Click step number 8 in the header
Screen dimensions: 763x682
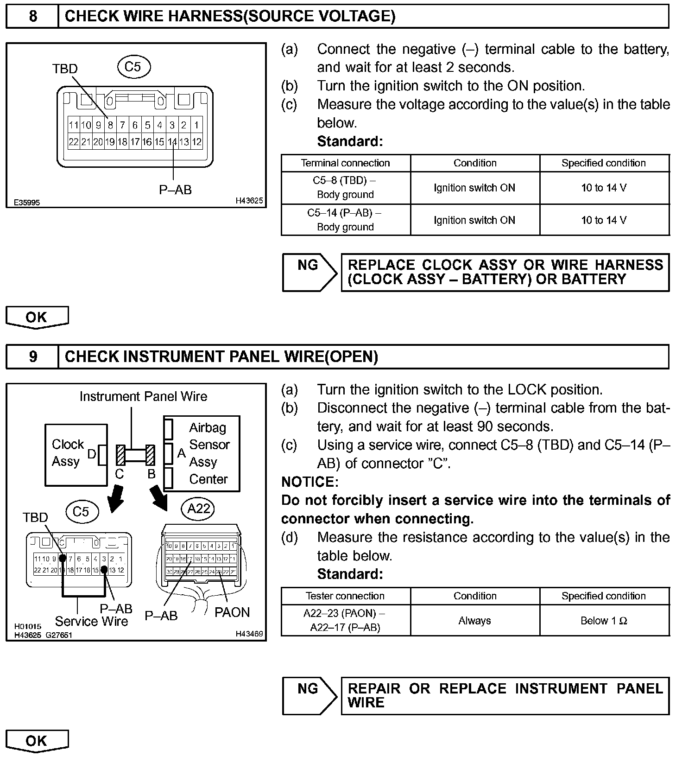pos(33,16)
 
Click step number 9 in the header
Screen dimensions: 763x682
pos(33,356)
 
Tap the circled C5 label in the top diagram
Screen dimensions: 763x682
pos(133,67)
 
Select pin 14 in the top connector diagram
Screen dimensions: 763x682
pos(172,142)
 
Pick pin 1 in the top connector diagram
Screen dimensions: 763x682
pos(196,125)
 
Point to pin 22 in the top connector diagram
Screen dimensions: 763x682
pos(73,142)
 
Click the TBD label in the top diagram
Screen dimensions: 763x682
pos(65,69)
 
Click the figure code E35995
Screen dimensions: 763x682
pos(27,203)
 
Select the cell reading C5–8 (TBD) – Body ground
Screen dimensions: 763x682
pos(345,188)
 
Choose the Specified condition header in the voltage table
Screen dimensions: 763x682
pos(604,163)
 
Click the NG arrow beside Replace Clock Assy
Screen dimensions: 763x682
pos(309,272)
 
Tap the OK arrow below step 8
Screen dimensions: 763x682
pos(37,318)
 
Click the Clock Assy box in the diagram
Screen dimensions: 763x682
pos(76,455)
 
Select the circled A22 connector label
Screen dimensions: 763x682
pos(199,509)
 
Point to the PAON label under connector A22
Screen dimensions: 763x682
pos(232,612)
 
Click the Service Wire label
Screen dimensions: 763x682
pos(91,621)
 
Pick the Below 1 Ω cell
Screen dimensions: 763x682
pos(604,621)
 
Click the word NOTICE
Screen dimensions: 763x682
pos(309,482)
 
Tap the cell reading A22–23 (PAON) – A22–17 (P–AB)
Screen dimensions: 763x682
pos(345,621)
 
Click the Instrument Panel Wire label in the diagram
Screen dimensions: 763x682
pos(143,397)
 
